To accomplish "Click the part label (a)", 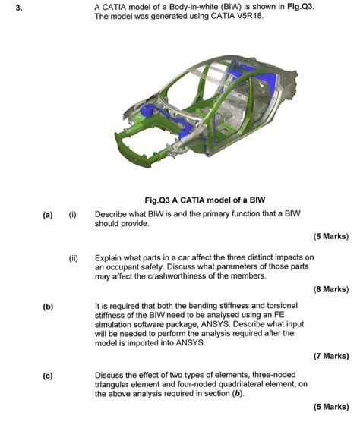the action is point(48,215).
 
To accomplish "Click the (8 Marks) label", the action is point(330,289).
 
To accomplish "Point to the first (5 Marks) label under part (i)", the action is point(330,236).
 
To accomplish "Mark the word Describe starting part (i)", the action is point(112,215).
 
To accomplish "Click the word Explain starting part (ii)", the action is point(109,257).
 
